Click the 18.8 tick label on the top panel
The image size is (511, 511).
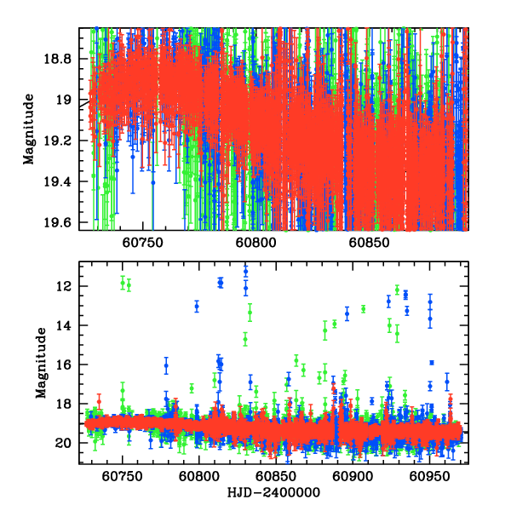pos(60,59)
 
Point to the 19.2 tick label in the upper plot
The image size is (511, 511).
pos(60,141)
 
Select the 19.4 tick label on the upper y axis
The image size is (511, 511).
pos(60,181)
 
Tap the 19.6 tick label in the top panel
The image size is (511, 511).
pos(60,223)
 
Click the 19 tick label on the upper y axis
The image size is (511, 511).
pos(66,100)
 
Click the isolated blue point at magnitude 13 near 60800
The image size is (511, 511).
pos(197,306)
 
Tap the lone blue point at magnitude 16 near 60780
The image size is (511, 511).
pos(166,365)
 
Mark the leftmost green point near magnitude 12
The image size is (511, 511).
pos(123,282)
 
